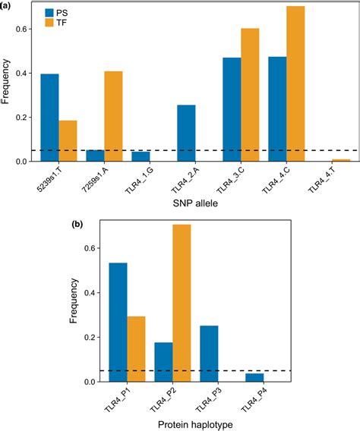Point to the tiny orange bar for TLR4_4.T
pyautogui.click(x=341, y=160)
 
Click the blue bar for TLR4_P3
pyautogui.click(x=209, y=353)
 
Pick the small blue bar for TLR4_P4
pyautogui.click(x=254, y=377)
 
